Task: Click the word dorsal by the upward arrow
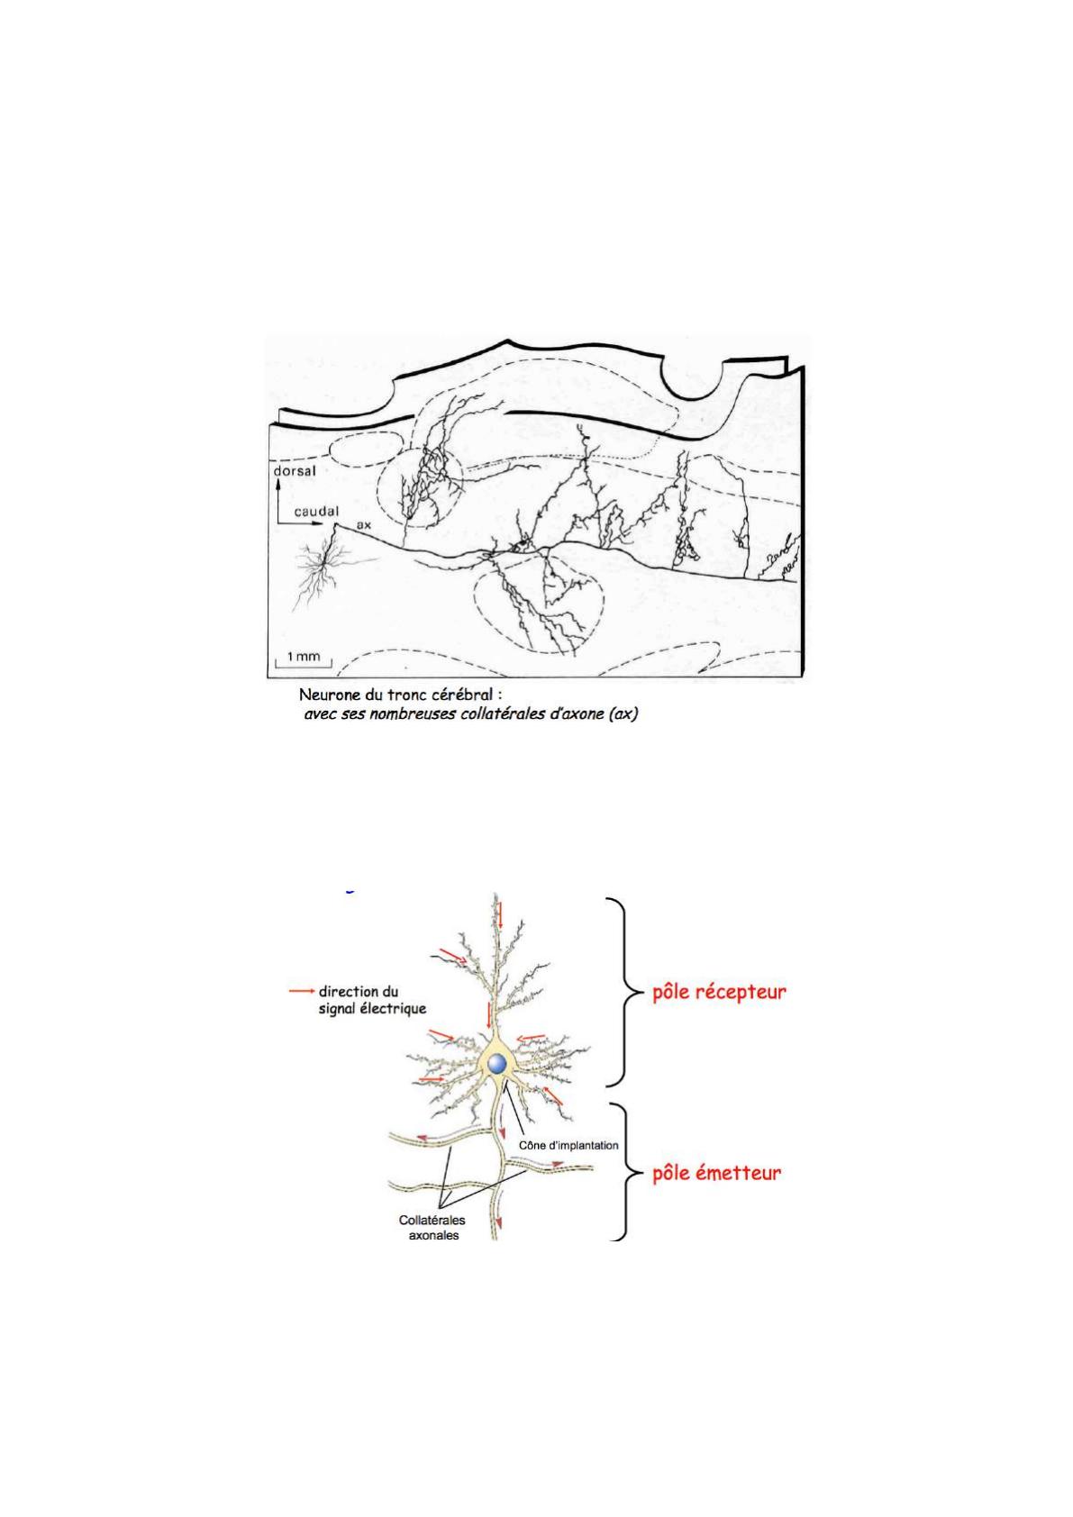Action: click(x=295, y=470)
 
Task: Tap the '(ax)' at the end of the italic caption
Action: click(x=623, y=713)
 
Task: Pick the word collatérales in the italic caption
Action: click(x=502, y=713)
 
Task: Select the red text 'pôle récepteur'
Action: click(x=719, y=993)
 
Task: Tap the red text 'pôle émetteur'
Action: click(x=716, y=1173)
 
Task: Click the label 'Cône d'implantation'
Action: click(x=568, y=1146)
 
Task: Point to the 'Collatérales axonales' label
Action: click(x=432, y=1227)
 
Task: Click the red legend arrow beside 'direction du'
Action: click(x=302, y=992)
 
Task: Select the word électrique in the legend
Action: click(x=394, y=1008)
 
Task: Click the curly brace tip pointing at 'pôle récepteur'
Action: click(x=641, y=992)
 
